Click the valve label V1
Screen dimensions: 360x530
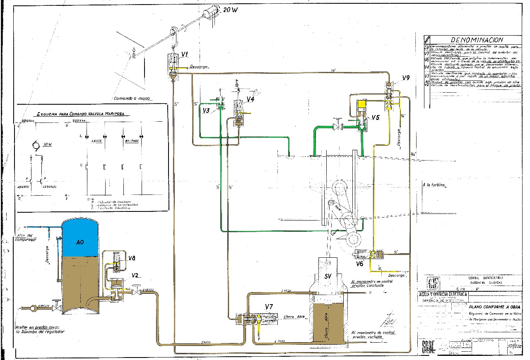tap(185, 55)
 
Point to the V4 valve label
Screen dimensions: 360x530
tap(251, 99)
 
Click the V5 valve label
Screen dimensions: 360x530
tap(375, 117)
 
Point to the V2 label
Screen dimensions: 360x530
tap(135, 276)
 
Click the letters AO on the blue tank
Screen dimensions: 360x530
tap(80, 242)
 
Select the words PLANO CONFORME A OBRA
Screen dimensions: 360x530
tap(494, 307)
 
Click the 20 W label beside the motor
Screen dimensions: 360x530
tap(230, 10)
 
